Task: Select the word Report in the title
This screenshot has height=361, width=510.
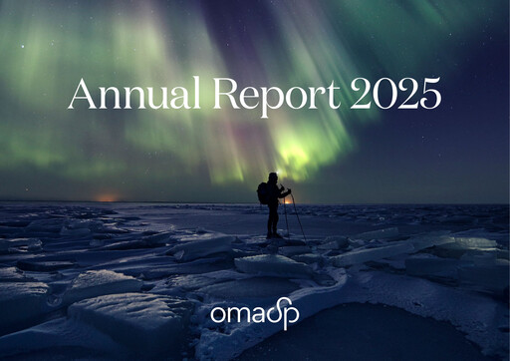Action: coord(263,96)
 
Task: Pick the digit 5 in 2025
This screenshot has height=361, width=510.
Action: coord(429,94)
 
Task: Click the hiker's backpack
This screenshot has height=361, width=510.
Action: coord(263,192)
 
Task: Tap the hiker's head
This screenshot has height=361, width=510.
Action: coord(273,178)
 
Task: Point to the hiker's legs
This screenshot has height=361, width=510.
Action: coord(273,219)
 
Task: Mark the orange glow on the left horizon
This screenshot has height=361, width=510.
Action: coord(108,197)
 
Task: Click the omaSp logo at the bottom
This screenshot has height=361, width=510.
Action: coord(254,314)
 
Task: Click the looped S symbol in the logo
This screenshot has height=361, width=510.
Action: coord(274,313)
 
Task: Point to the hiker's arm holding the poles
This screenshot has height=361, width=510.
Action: coord(282,192)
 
